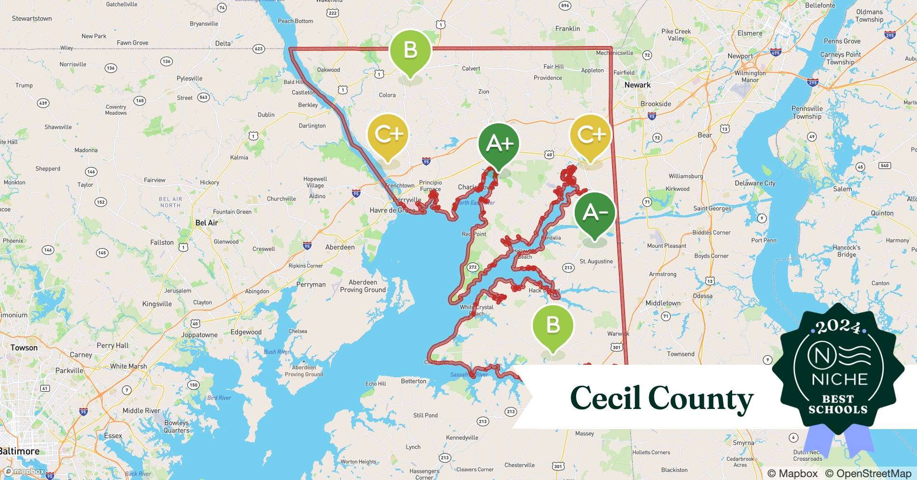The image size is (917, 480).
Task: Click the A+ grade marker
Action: [499, 144]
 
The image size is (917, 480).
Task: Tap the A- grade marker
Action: [595, 213]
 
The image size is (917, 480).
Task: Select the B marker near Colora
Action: [410, 50]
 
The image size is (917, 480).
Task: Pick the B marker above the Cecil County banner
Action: [553, 325]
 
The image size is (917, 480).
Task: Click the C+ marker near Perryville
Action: [388, 135]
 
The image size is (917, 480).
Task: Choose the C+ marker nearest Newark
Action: [591, 135]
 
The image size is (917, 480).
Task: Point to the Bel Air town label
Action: [207, 223]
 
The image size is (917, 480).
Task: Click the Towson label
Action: [24, 348]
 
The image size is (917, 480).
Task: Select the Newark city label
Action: [638, 85]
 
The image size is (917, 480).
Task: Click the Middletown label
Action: [663, 303]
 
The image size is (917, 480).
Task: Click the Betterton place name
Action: [413, 381]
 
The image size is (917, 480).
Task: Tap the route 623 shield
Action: [259, 49]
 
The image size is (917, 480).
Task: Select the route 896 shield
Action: [565, 6]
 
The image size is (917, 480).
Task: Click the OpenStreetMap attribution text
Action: [868, 473]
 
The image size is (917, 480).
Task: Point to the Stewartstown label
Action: [32, 19]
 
